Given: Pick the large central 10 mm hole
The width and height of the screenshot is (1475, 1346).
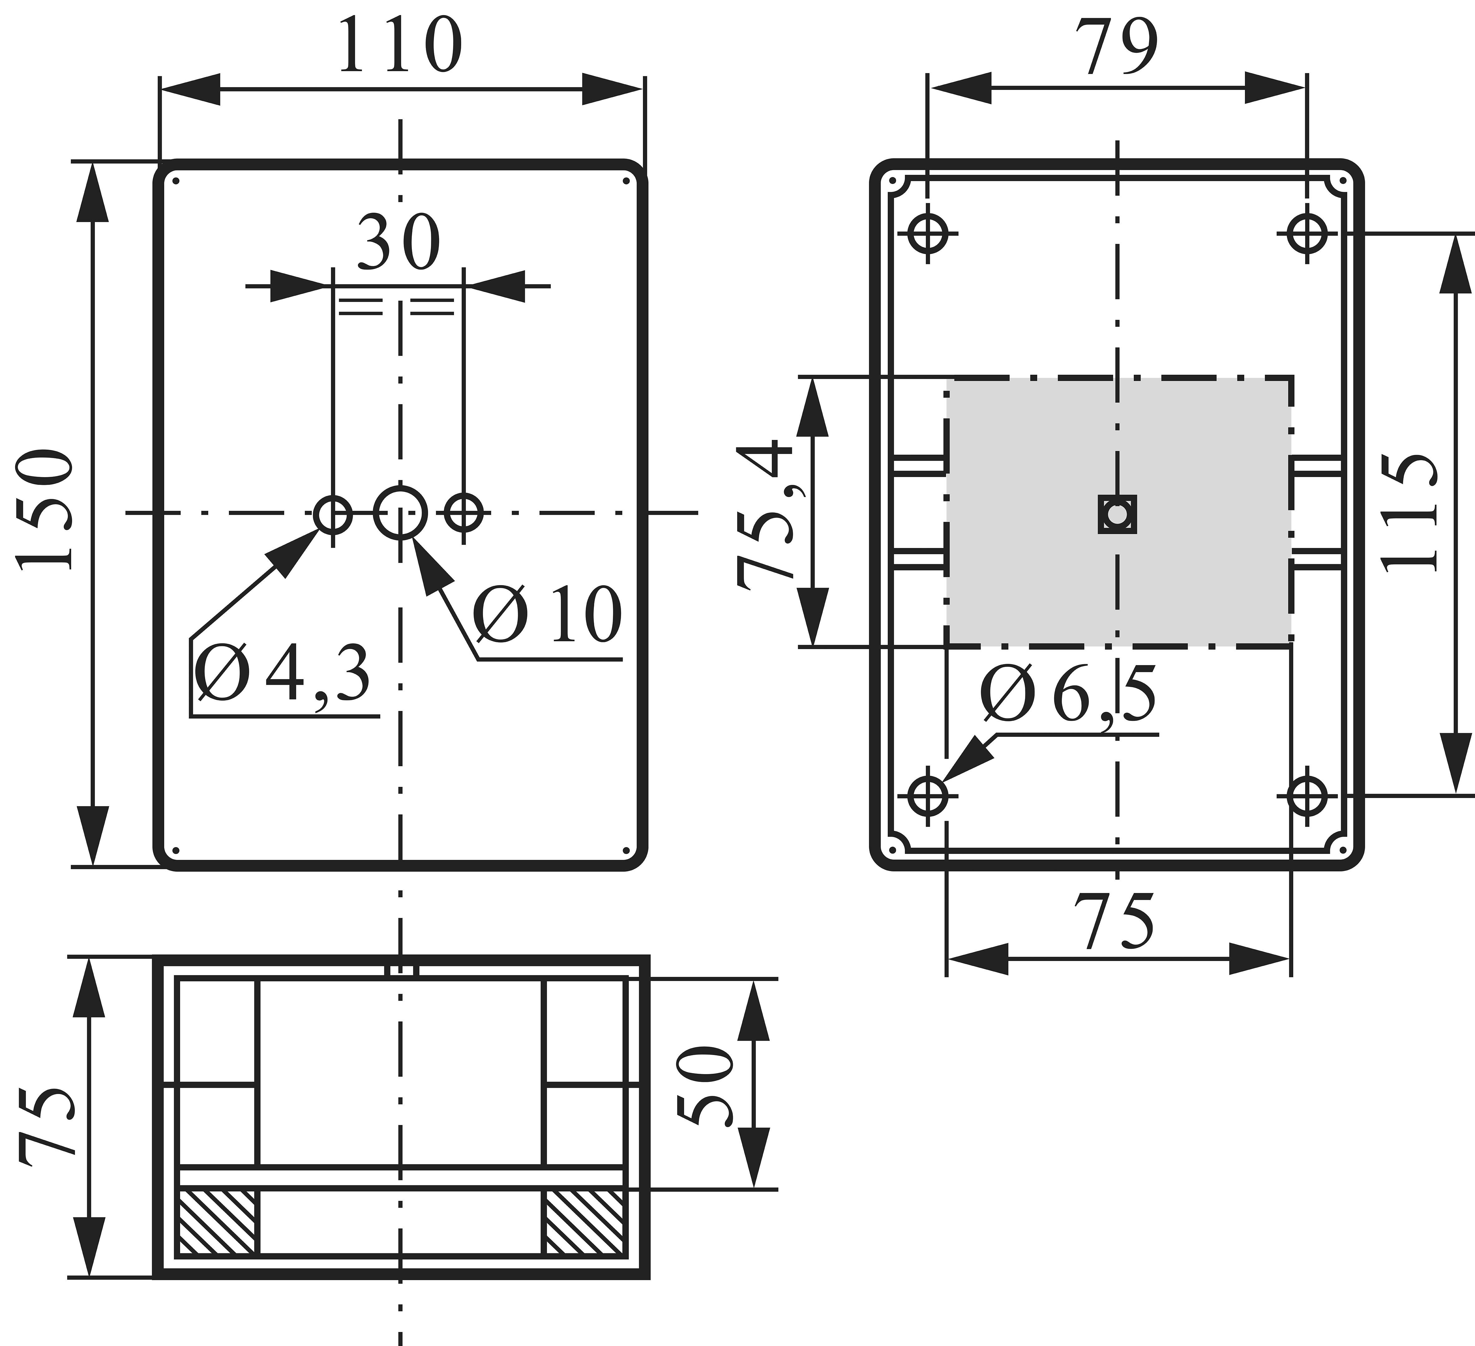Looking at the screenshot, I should (400, 513).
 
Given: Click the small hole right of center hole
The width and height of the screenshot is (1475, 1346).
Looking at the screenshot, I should (464, 513).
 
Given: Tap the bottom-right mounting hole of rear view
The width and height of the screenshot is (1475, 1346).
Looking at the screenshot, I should (1307, 795).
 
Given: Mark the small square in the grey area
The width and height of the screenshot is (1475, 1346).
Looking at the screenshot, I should (1117, 514).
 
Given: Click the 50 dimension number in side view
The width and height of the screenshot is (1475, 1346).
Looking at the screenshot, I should (704, 1085).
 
